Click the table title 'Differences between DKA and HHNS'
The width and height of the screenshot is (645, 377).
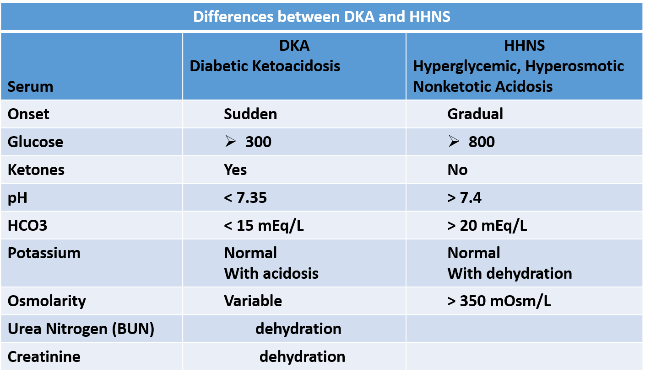tap(322, 17)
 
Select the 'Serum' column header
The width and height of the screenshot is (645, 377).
tap(30, 86)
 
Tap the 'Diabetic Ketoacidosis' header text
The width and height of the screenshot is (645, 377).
tap(265, 66)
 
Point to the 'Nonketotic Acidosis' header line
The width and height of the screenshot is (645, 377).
tap(483, 86)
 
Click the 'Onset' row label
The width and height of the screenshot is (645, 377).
tap(28, 114)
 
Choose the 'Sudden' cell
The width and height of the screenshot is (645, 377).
tap(250, 114)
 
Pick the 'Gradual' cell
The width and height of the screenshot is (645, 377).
tap(475, 114)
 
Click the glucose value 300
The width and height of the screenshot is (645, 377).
tap(258, 142)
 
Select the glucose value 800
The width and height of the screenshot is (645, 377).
tap(482, 142)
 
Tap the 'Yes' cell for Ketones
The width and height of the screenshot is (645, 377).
tap(235, 170)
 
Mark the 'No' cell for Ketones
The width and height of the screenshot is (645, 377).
tap(457, 170)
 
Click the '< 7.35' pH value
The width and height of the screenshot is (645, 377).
tap(245, 197)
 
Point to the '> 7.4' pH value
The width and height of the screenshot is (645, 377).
tap(465, 197)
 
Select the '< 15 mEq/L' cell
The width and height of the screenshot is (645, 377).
tap(264, 225)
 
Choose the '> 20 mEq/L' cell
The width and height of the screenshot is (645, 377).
tap(487, 225)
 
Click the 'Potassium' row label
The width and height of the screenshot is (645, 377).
tap(44, 253)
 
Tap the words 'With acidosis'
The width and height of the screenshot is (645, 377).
tap(271, 273)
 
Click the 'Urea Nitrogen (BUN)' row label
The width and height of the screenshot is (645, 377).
tap(81, 329)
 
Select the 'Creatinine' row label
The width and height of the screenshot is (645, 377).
tap(44, 356)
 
